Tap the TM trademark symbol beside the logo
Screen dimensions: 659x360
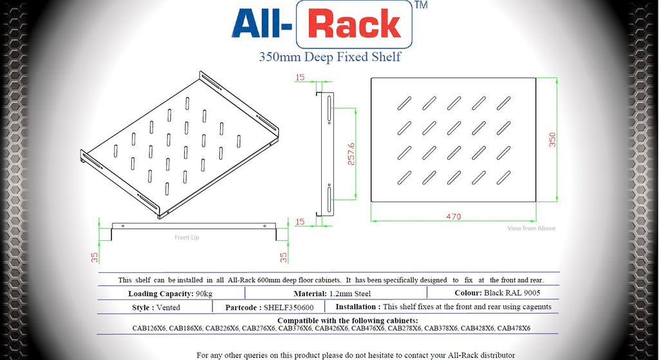[x=422, y=5]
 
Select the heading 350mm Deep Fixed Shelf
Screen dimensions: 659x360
[x=329, y=57]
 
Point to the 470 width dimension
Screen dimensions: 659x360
[x=454, y=216]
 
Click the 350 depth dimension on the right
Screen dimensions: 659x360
[x=552, y=140]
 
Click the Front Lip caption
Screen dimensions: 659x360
[x=187, y=238]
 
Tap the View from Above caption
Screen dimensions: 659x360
[x=531, y=229]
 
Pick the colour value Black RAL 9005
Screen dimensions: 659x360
[x=512, y=294]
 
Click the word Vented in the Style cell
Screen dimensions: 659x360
[x=169, y=308]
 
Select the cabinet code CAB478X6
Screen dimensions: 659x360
[x=514, y=328]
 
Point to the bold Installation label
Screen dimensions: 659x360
[x=357, y=307]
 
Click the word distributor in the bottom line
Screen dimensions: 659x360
[x=495, y=355]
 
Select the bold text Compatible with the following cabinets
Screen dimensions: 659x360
[x=348, y=321]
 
